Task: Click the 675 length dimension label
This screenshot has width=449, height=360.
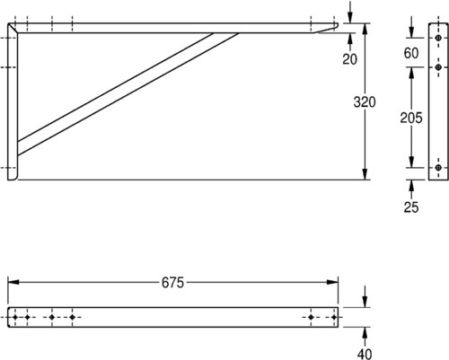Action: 172,283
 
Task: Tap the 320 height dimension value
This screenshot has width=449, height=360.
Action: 365,102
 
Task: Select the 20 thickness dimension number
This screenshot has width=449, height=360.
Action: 350,59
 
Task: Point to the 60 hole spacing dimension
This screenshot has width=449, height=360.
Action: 411,53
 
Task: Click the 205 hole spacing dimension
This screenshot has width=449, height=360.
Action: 411,118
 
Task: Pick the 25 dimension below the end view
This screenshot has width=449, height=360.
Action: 411,207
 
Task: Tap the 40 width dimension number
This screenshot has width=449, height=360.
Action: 365,354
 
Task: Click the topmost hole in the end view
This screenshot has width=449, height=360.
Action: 438,38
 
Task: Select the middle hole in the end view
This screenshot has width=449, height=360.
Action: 438,67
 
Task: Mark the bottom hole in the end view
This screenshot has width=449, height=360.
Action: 438,168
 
